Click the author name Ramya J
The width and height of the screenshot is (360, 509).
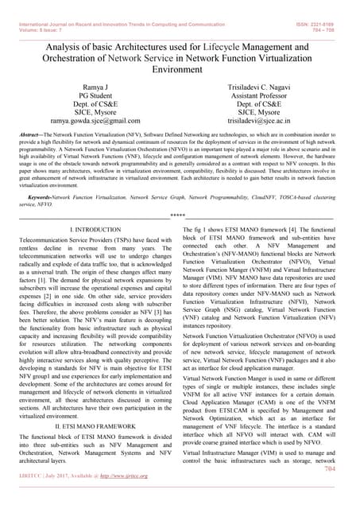tap(95, 85)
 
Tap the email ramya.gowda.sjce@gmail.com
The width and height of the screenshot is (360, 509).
tap(95, 122)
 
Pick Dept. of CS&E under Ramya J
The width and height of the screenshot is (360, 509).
tap(95, 104)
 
